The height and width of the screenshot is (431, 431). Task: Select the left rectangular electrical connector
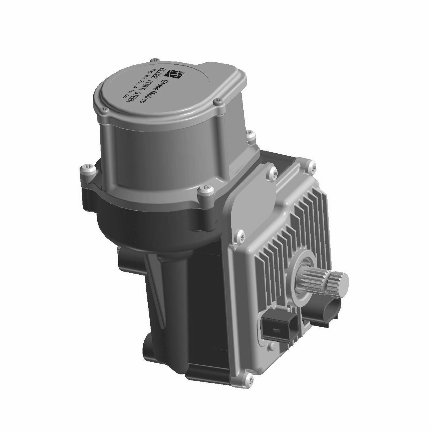click(278, 328)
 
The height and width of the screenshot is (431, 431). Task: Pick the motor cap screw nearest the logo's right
click(218, 102)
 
